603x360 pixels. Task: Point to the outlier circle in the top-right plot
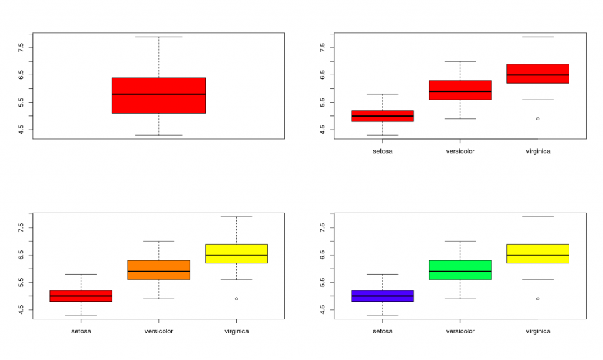(538, 118)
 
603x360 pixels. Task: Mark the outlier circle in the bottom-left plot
(236, 299)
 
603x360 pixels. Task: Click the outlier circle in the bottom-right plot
(538, 299)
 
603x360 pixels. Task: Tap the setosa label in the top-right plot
(382, 151)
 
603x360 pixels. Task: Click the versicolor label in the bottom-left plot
(158, 331)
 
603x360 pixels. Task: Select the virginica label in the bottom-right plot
(538, 331)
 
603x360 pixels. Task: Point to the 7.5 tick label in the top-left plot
(22, 48)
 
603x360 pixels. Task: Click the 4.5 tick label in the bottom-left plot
(22, 309)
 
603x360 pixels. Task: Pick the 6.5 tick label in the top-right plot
(323, 75)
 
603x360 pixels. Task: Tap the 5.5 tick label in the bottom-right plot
(323, 282)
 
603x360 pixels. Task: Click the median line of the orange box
(158, 271)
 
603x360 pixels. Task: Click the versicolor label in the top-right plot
(460, 151)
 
